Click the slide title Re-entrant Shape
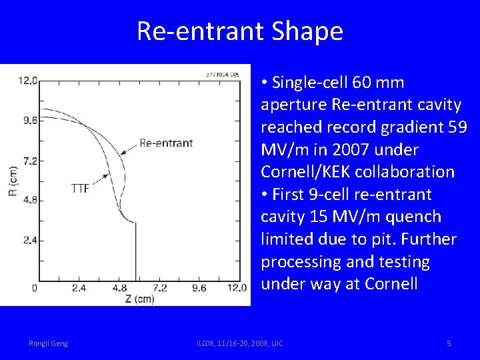pyautogui.click(x=240, y=31)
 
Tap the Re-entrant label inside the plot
pyautogui.click(x=166, y=142)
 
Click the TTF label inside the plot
pyautogui.click(x=80, y=188)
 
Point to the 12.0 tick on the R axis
pyautogui.click(x=28, y=81)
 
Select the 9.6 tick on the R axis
pyautogui.click(x=29, y=121)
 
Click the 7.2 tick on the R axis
pyautogui.click(x=29, y=161)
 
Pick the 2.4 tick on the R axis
pyautogui.click(x=29, y=240)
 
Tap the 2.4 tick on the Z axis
pyautogui.click(x=79, y=289)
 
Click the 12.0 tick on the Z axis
pyautogui.click(x=237, y=289)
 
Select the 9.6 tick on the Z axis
pyautogui.click(x=199, y=289)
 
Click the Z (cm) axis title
pyautogui.click(x=139, y=299)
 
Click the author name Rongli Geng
pyautogui.click(x=48, y=343)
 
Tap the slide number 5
pyautogui.click(x=449, y=343)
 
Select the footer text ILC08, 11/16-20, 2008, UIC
pyautogui.click(x=239, y=343)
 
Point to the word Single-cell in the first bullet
pyautogui.click(x=309, y=83)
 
